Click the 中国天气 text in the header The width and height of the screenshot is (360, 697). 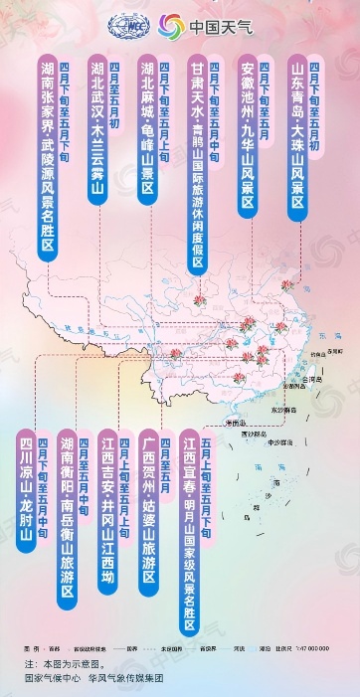click(x=220, y=27)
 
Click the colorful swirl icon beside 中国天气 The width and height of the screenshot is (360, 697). click(x=171, y=27)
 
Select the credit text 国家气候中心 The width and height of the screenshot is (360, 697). click(x=51, y=679)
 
